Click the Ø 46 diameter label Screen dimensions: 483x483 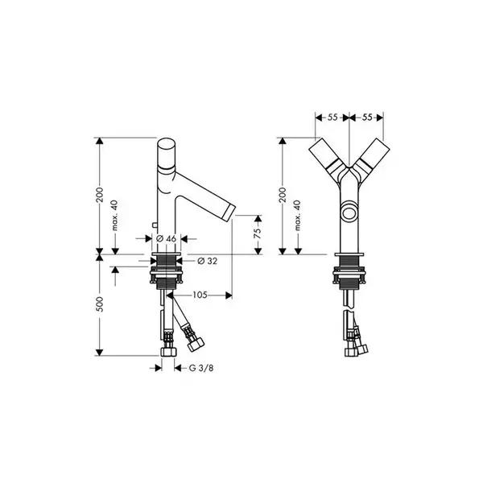[166, 239]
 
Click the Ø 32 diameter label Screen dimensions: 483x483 [207, 261]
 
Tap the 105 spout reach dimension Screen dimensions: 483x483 [200, 295]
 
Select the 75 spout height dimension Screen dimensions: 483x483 [258, 233]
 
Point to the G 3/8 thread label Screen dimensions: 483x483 [200, 368]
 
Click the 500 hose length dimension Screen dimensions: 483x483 [100, 304]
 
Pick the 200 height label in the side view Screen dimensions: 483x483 [100, 195]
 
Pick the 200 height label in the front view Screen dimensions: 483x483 [283, 195]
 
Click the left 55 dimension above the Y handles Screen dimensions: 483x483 [332, 118]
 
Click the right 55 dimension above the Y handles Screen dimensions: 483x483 [367, 118]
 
